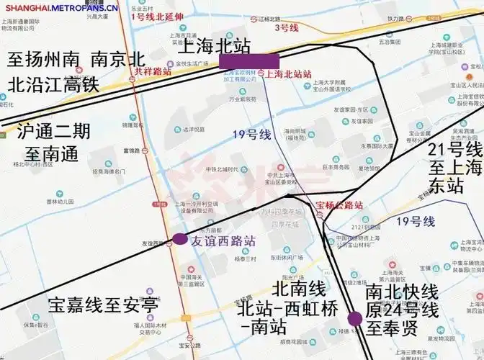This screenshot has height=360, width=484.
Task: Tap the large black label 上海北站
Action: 216,47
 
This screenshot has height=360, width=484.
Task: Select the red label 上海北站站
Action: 288,74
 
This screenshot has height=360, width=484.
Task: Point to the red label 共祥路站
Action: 151,72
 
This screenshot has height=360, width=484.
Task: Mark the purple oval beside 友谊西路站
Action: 179,240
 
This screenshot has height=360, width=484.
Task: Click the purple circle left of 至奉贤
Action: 355,319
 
